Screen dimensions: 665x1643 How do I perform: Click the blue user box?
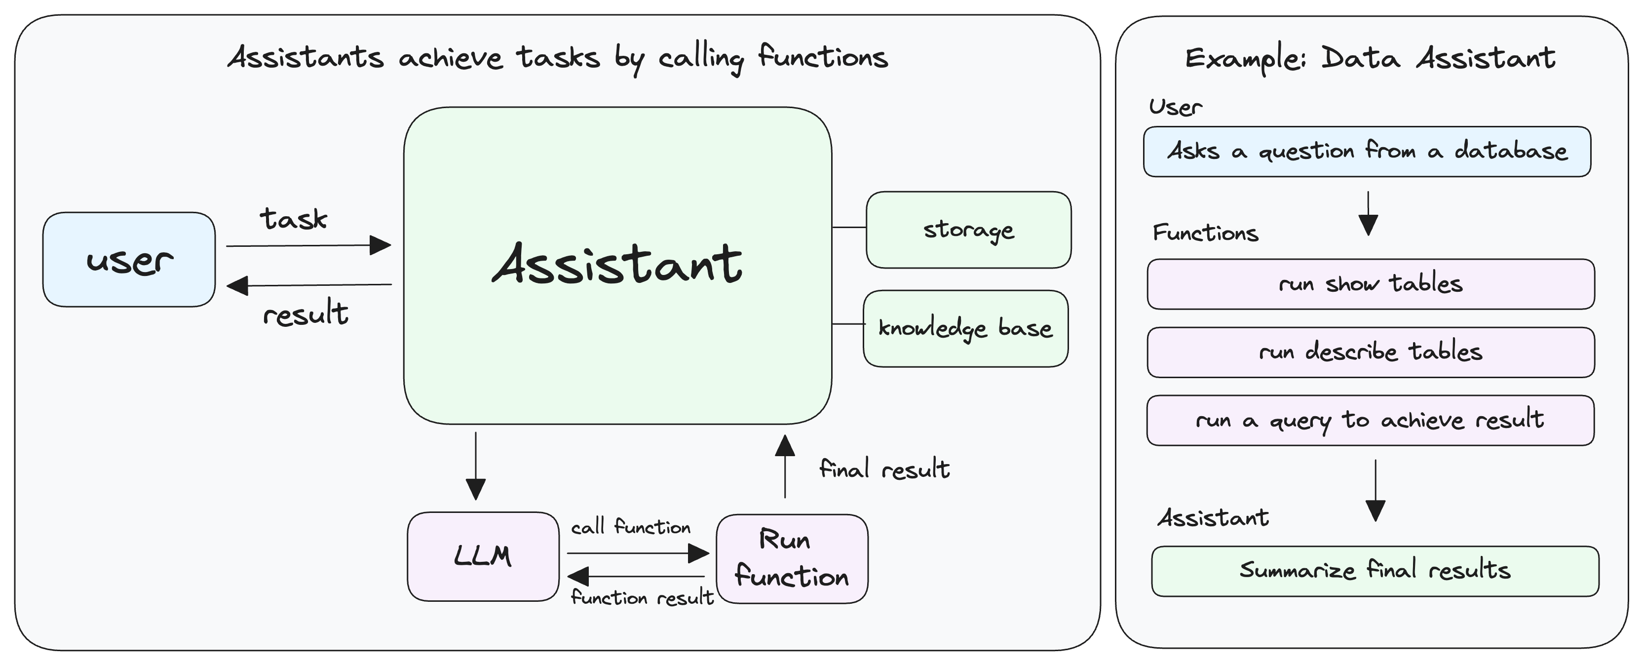(129, 260)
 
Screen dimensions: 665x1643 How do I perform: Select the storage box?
(968, 230)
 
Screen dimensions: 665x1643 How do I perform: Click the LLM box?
(483, 556)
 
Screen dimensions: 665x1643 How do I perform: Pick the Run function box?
(792, 559)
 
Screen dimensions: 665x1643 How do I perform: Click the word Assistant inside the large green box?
(617, 264)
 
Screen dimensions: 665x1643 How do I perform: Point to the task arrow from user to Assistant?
(308, 245)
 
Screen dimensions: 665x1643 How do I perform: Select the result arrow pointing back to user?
(308, 285)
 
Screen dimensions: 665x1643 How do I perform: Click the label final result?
(884, 469)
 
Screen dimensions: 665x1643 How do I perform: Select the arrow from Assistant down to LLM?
(476, 466)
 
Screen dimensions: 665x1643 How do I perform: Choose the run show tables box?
(1370, 284)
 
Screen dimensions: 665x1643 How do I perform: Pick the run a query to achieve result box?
(1370, 421)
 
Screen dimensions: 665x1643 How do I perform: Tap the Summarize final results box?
(1375, 571)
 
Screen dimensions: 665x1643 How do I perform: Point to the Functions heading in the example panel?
(1205, 233)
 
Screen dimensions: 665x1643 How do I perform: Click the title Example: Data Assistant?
(1370, 59)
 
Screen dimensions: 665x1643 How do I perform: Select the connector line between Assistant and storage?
(849, 227)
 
